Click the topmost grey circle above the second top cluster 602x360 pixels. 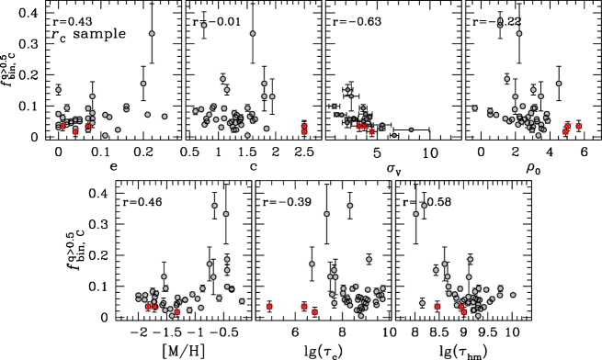[204, 26]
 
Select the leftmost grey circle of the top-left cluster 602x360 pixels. [59, 90]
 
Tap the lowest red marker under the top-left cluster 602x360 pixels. [75, 131]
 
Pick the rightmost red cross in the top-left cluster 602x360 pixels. [88, 127]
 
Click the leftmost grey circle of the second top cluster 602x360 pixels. [143, 84]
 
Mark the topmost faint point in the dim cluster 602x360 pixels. [347, 90]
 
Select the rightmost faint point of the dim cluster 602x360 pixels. [411, 129]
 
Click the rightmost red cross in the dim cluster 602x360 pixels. [372, 131]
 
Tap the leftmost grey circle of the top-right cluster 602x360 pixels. [475, 108]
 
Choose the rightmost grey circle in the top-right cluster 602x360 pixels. [559, 84]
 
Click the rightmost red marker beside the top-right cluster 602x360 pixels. [578, 126]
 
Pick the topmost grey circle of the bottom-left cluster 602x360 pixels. [214, 206]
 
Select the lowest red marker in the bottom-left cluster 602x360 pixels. [177, 312]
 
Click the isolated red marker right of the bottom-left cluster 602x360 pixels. [269, 307]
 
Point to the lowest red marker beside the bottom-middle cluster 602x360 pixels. [314, 312]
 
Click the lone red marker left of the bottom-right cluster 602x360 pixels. [437, 307]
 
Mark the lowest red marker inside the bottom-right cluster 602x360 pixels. [464, 312]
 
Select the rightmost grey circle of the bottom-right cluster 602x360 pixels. [513, 295]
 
